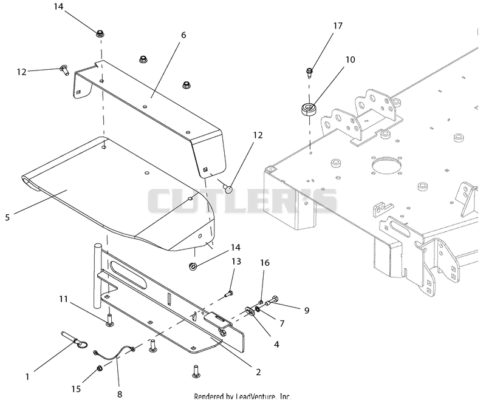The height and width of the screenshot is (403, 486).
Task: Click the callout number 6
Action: tap(183, 35)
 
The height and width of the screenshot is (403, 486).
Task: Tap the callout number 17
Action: tap(338, 25)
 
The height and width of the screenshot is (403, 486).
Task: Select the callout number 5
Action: tap(7, 217)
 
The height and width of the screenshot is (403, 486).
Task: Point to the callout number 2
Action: tap(259, 372)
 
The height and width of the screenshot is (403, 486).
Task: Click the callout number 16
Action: tap(265, 263)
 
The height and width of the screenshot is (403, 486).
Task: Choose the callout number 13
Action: tap(236, 262)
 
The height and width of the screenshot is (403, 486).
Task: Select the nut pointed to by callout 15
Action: tap(100, 368)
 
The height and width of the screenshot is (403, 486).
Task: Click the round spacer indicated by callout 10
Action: tap(309, 110)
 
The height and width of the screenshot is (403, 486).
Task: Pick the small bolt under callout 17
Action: tap(309, 72)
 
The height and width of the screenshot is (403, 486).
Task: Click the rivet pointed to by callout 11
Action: tap(109, 320)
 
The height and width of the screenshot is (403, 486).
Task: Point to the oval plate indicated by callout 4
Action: tap(250, 311)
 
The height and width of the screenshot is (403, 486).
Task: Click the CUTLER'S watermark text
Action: tap(242, 201)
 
